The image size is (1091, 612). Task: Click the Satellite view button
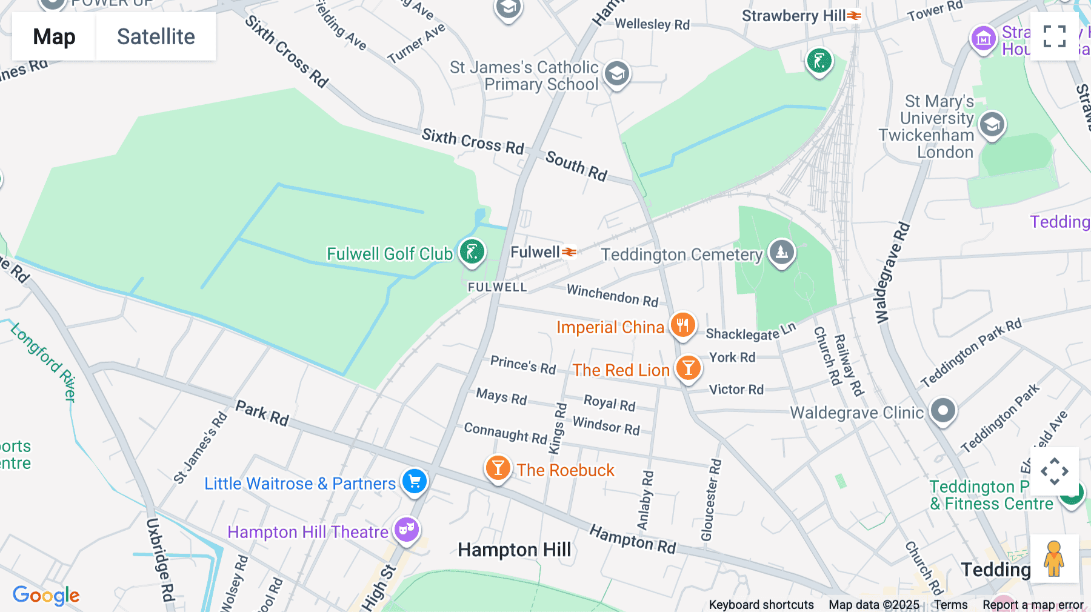(x=156, y=37)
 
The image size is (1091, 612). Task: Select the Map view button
(x=54, y=37)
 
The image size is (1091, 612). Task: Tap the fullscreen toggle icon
(x=1054, y=36)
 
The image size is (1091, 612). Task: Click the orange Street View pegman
(x=1054, y=558)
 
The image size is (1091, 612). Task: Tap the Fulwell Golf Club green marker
(x=472, y=251)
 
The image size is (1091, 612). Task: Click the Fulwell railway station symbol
(x=569, y=251)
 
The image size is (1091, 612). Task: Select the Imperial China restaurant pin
(x=682, y=325)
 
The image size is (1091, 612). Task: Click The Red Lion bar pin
(x=688, y=368)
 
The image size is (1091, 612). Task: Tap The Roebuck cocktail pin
(x=498, y=468)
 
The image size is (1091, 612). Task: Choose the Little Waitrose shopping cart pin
(x=415, y=482)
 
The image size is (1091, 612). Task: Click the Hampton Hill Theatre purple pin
(x=406, y=530)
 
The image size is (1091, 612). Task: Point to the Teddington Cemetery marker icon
(x=781, y=252)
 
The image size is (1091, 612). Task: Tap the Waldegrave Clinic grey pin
(x=943, y=411)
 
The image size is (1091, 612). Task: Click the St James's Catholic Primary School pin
(x=617, y=74)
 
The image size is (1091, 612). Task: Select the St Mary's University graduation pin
(x=992, y=125)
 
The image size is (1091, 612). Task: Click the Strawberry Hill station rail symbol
(x=854, y=16)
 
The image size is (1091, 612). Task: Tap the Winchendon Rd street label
(x=612, y=295)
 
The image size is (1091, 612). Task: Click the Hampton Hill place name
(x=514, y=550)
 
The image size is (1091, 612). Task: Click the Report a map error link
(x=1033, y=605)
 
